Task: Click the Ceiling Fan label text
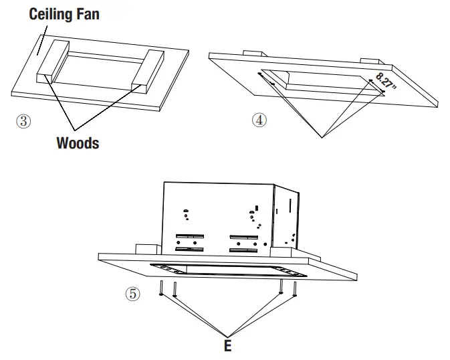pos(64,14)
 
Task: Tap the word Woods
pos(78,143)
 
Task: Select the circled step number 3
pos(23,121)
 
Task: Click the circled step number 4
pos(259,120)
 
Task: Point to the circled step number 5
pos(134,294)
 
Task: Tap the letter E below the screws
pos(227,347)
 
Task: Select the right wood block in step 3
pos(148,72)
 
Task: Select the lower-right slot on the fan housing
pos(243,249)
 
